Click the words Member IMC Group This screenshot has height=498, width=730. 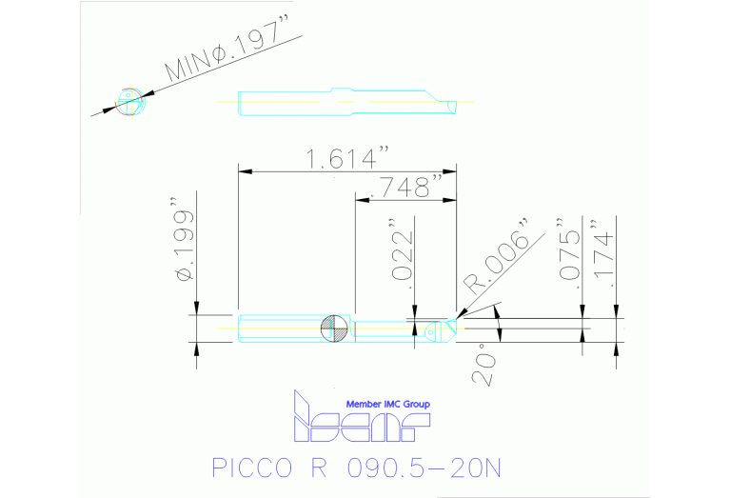(387, 405)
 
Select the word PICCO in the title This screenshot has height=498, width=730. (245, 468)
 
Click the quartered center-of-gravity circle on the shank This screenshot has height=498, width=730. (334, 328)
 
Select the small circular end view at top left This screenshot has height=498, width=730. (128, 100)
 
